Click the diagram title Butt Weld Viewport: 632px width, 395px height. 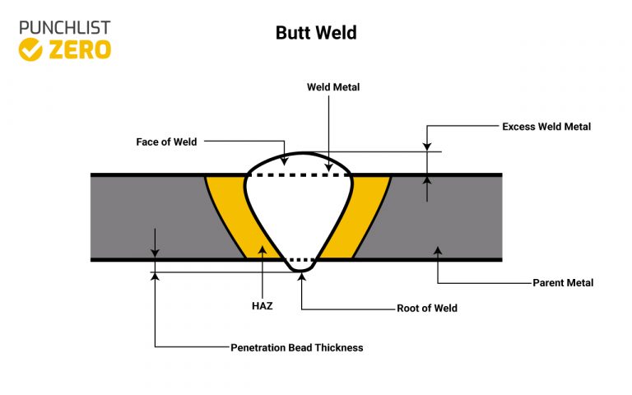pos(315,34)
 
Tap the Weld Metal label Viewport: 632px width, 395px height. pos(333,86)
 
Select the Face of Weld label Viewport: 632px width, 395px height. pos(166,142)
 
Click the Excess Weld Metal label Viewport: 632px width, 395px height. pos(546,127)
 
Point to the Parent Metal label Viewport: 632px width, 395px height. pos(563,282)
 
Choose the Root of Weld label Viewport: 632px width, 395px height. pos(426,309)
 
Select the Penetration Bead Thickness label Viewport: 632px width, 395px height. pos(296,347)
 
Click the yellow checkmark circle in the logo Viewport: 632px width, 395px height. pos(30,49)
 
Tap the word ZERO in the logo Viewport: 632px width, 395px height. pos(79,49)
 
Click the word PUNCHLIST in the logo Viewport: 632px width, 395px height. pos(64,27)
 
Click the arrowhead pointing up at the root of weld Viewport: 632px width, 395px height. pos(302,277)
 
